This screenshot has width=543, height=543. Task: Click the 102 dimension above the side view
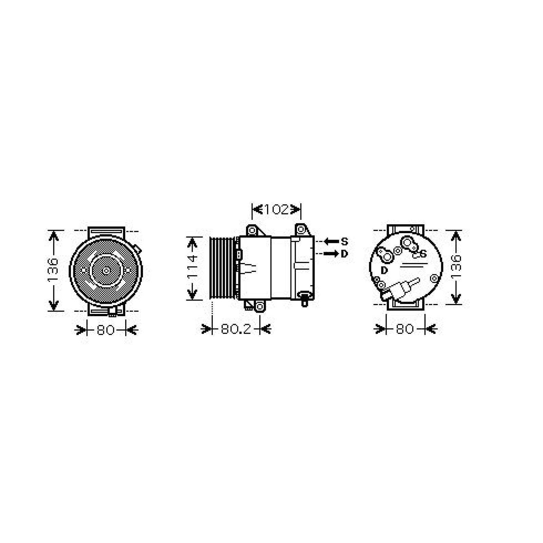(x=276, y=209)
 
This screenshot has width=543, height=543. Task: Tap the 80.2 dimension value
(x=236, y=329)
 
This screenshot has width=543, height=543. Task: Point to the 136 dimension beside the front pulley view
(x=53, y=270)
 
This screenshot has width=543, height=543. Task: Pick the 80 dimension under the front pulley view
(x=106, y=330)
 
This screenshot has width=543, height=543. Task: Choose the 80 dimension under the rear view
(x=405, y=329)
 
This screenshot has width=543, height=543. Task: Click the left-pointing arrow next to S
(x=331, y=241)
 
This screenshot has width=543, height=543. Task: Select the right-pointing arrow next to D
(x=331, y=254)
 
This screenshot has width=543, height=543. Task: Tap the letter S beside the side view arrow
(x=344, y=241)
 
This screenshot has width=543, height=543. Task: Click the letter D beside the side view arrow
(x=344, y=254)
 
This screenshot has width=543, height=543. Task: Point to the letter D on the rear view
(x=384, y=270)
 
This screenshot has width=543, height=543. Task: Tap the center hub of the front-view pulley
(x=106, y=270)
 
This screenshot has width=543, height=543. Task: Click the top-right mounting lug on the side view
(x=301, y=230)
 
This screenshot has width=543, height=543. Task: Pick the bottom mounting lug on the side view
(x=260, y=306)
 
